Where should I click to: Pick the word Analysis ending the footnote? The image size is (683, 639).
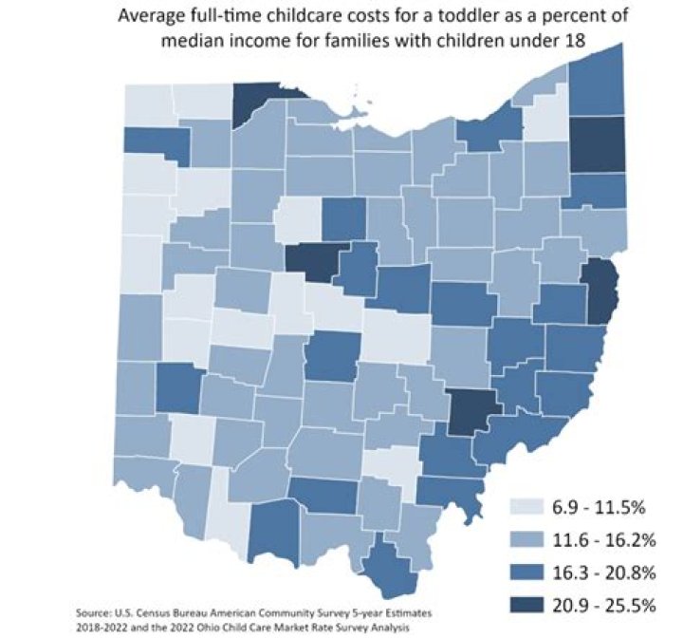click(392, 627)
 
